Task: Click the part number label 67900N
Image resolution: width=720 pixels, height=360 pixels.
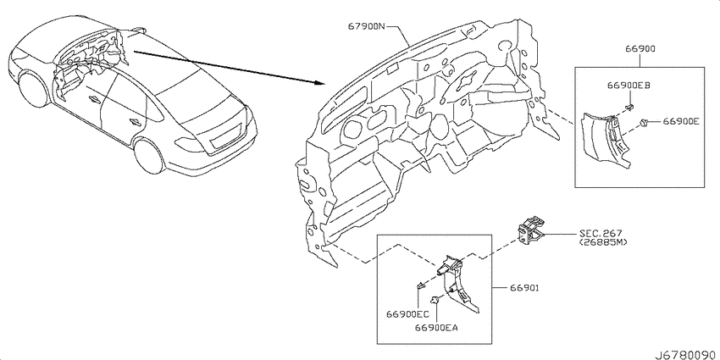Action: click(367, 26)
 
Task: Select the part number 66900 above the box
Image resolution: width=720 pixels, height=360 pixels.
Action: click(640, 48)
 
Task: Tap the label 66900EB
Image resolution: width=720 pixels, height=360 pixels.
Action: click(629, 85)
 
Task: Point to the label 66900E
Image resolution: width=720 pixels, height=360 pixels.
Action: click(680, 121)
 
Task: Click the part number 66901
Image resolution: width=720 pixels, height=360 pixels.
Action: click(523, 288)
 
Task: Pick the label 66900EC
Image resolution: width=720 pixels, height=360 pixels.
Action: click(407, 314)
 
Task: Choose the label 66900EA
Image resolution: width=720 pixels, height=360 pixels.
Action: click(437, 328)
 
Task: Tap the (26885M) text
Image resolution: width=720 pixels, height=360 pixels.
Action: click(603, 241)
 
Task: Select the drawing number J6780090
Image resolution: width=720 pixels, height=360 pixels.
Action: click(686, 355)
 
